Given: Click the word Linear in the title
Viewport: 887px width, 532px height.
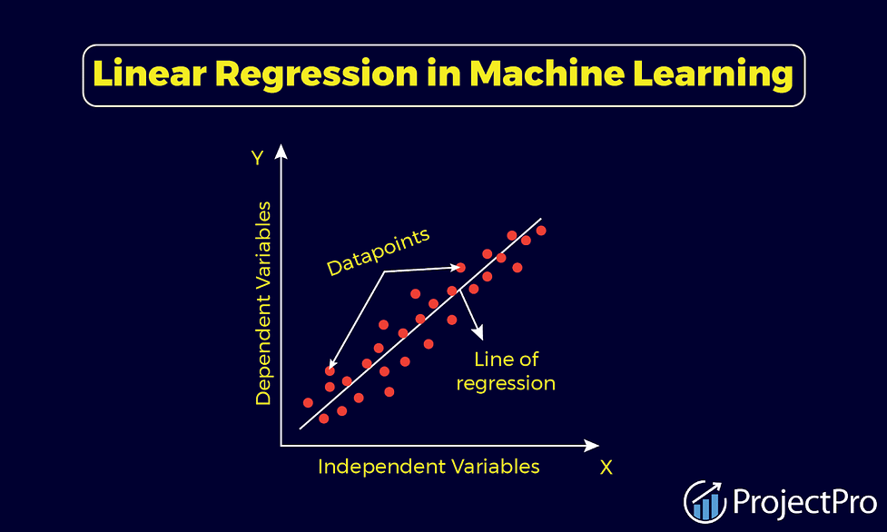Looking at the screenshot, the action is pyautogui.click(x=149, y=74).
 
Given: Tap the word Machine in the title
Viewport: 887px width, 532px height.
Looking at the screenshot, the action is pyautogui.click(x=547, y=74).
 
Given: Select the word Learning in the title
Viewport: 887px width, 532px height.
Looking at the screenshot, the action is pyautogui.click(x=713, y=74).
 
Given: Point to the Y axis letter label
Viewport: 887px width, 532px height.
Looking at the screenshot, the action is pyautogui.click(x=258, y=157).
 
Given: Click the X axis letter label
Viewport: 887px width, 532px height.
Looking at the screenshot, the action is pyautogui.click(x=606, y=468).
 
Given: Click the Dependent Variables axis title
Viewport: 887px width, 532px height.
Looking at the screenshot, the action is pyautogui.click(x=263, y=303).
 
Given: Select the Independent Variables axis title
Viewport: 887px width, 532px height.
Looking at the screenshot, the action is pyautogui.click(x=429, y=467).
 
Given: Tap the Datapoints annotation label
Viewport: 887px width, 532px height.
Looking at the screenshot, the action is pyautogui.click(x=378, y=252).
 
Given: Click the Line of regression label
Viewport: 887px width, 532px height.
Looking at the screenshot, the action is pyautogui.click(x=506, y=371).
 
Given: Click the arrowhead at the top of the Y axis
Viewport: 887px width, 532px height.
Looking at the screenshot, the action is pyautogui.click(x=281, y=151).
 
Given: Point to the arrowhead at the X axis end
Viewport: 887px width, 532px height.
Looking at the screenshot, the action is pyautogui.click(x=591, y=446).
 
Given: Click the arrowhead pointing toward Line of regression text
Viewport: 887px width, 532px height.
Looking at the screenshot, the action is pyautogui.click(x=478, y=333).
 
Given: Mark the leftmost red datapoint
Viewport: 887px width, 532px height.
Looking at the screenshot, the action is pyautogui.click(x=308, y=403).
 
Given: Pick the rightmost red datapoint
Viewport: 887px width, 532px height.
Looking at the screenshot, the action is pyautogui.click(x=541, y=231).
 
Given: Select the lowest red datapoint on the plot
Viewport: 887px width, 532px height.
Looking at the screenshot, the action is pyautogui.click(x=323, y=419).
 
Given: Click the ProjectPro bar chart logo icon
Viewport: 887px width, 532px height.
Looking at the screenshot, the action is pyautogui.click(x=705, y=501).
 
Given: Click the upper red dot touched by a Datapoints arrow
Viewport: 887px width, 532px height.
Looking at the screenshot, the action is pyautogui.click(x=460, y=267).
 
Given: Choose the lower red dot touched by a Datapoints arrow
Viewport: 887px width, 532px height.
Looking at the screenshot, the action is pyautogui.click(x=330, y=371).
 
